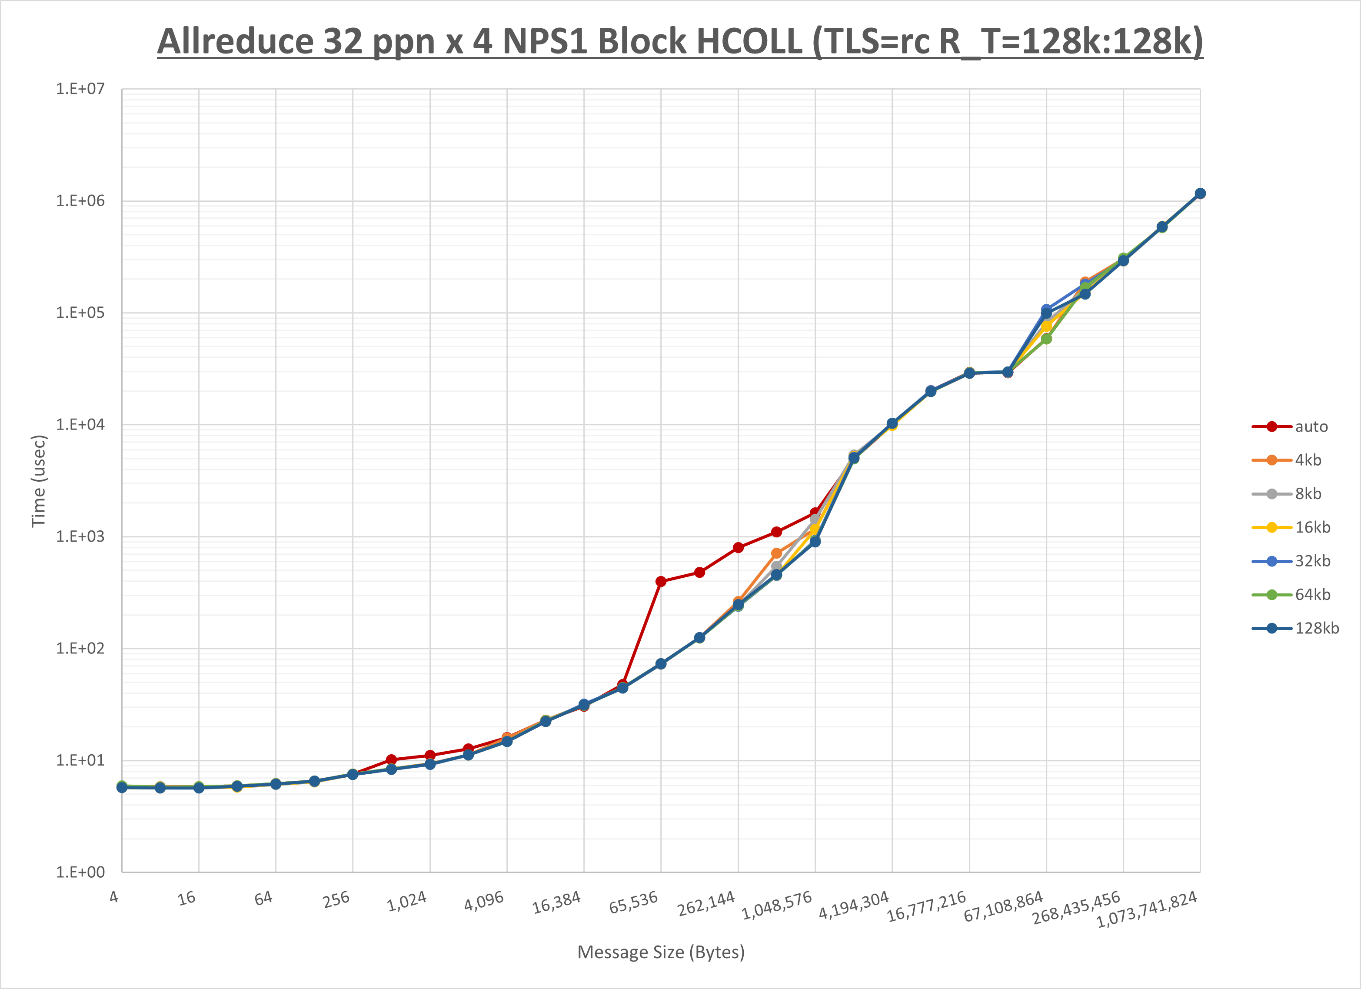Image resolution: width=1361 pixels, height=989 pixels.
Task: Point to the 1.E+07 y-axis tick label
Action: (80, 89)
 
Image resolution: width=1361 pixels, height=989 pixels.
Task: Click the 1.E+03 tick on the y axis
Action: (80, 536)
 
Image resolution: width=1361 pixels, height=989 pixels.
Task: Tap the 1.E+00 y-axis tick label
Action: (80, 872)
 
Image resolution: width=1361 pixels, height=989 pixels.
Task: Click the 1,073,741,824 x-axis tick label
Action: (1147, 909)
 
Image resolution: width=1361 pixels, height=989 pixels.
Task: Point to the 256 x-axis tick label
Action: (336, 899)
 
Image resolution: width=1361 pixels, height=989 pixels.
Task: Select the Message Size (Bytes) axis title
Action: (661, 952)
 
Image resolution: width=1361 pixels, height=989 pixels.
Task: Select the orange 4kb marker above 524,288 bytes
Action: (776, 553)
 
